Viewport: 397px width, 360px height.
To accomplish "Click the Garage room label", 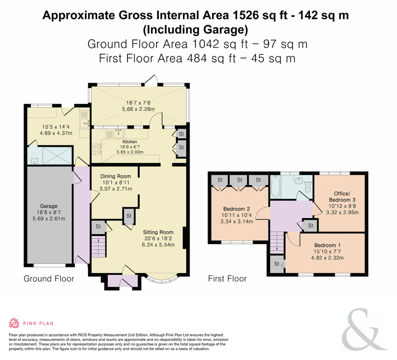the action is [x=48, y=206].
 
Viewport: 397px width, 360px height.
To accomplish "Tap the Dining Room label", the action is [x=115, y=176].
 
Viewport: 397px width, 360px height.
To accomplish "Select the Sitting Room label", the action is [x=158, y=232].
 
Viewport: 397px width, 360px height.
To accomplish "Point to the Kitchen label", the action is [x=130, y=142].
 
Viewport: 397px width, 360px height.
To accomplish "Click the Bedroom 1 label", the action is [x=327, y=245].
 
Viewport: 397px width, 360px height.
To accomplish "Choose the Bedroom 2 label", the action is [x=236, y=209].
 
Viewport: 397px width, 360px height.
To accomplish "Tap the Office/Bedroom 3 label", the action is [x=342, y=196].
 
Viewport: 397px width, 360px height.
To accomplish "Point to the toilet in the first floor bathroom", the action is [x=308, y=187].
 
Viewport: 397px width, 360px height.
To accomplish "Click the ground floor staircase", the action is [x=98, y=246].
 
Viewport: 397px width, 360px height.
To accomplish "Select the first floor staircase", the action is [x=277, y=242].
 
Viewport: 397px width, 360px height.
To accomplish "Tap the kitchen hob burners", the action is [x=96, y=149].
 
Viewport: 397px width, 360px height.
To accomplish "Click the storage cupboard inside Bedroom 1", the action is [x=276, y=264].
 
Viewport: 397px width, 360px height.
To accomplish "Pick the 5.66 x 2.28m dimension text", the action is [x=138, y=109].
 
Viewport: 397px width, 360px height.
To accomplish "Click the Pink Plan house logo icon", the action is [x=14, y=323].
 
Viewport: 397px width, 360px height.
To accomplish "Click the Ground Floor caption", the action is [x=49, y=278].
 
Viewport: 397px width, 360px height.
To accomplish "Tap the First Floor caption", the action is [x=227, y=278].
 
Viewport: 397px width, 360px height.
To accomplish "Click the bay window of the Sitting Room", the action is [x=162, y=279].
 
